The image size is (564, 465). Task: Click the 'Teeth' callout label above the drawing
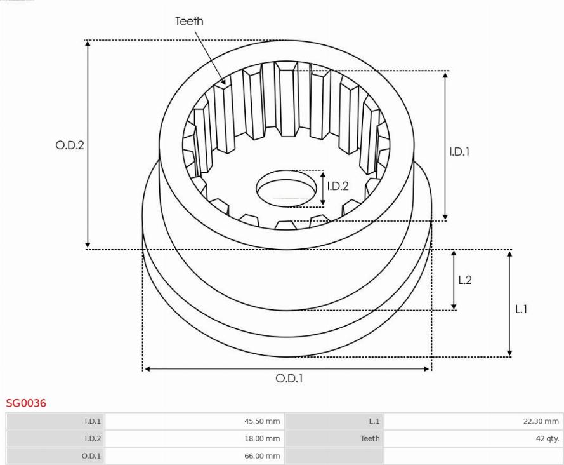pyautogui.click(x=189, y=21)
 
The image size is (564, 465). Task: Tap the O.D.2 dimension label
pyautogui.click(x=70, y=145)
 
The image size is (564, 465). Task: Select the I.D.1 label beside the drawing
pyautogui.click(x=460, y=152)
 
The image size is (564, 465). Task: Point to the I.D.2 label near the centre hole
pyautogui.click(x=338, y=186)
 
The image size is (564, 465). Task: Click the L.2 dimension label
pyautogui.click(x=465, y=280)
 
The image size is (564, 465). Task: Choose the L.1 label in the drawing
pyautogui.click(x=521, y=309)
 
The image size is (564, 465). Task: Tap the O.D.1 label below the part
pyautogui.click(x=289, y=378)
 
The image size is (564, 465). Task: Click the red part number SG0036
pyautogui.click(x=26, y=403)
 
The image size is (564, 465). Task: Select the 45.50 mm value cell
pyautogui.click(x=262, y=421)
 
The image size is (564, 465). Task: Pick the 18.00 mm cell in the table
pyautogui.click(x=262, y=438)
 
